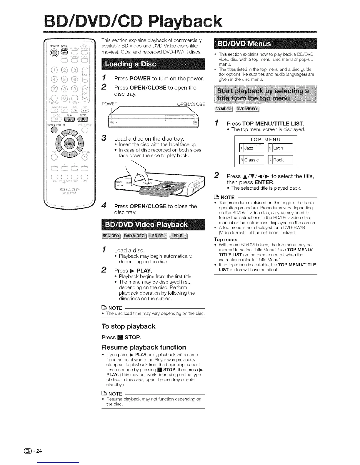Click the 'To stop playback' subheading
128,326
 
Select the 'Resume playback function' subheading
144,347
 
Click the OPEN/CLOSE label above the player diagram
191,104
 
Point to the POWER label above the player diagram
110,104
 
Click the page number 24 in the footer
40,451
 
